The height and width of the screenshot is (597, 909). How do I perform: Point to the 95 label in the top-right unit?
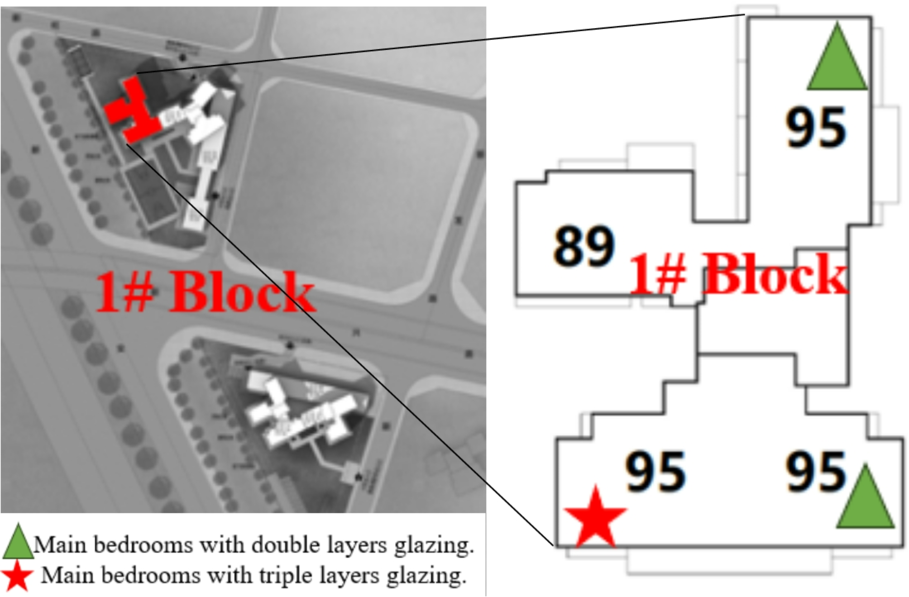click(815, 128)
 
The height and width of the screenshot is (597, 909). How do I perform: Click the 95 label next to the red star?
click(655, 472)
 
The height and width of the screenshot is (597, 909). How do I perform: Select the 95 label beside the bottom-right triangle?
click(815, 472)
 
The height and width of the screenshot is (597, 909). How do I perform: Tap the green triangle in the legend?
click(17, 542)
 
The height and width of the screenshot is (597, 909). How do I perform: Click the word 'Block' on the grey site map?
click(242, 292)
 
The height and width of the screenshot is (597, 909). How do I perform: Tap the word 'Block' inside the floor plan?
click(775, 275)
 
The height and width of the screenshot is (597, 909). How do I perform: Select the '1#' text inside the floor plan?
click(656, 275)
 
